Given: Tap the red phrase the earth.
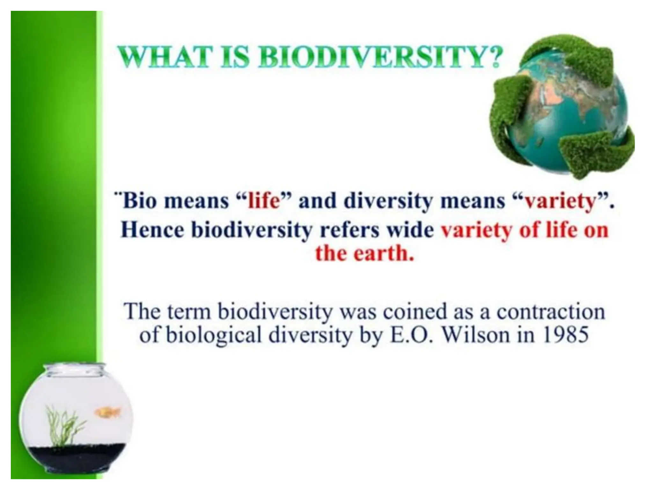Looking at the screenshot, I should [364, 254].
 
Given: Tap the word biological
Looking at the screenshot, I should [213, 336].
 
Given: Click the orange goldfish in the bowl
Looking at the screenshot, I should [108, 412].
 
